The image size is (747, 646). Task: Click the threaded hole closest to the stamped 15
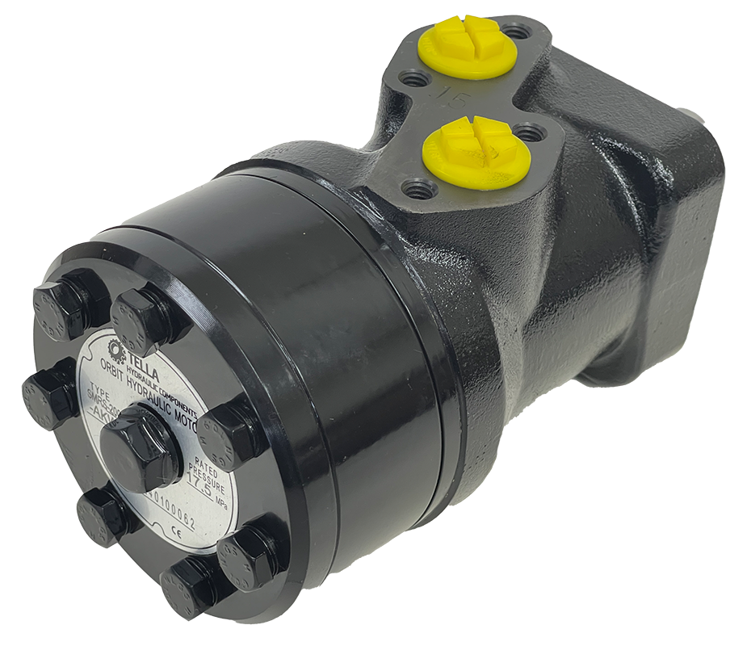pos(416,79)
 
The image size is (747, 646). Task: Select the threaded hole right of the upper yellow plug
pos(517,32)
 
